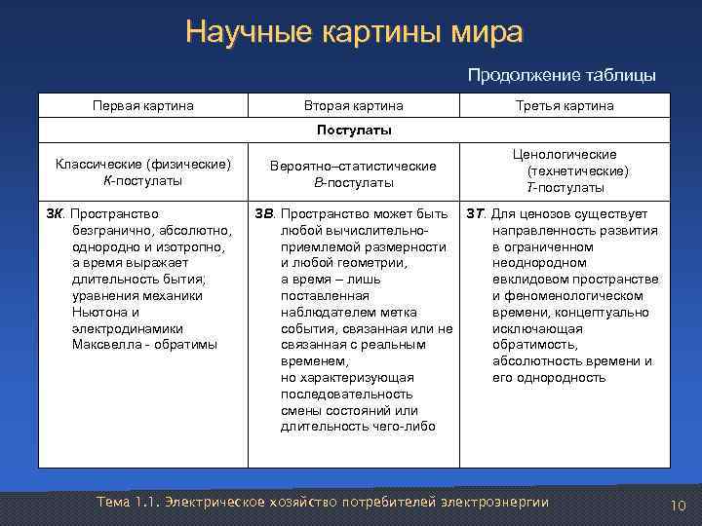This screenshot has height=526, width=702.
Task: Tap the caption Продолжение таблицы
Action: [562, 75]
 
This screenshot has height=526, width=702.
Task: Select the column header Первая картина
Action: [142, 105]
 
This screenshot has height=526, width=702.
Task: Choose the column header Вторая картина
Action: [353, 105]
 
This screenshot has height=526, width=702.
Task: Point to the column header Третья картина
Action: [565, 105]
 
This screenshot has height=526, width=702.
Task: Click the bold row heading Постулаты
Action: [353, 130]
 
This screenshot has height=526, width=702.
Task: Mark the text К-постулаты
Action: [142, 181]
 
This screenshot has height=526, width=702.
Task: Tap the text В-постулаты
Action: [353, 182]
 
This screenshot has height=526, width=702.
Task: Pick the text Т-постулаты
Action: [565, 187]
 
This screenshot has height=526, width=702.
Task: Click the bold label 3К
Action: [56, 213]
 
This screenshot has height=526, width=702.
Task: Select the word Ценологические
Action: [565, 154]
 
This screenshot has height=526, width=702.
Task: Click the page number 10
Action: [679, 505]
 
